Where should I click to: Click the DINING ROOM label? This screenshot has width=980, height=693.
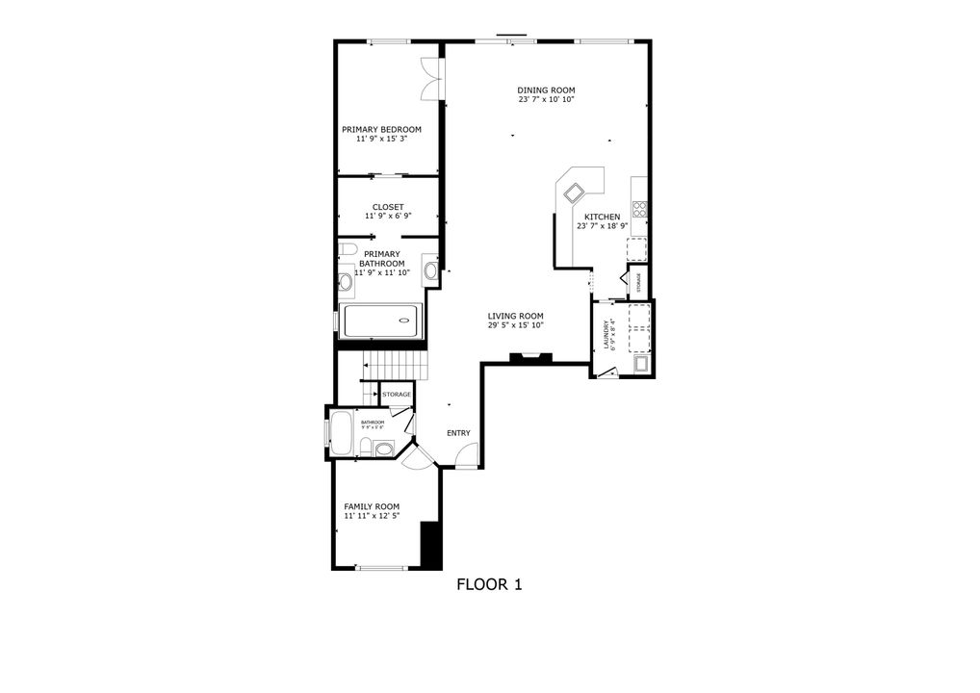click(546, 90)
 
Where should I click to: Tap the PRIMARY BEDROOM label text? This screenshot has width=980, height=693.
click(381, 129)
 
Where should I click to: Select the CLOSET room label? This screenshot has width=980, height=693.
click(388, 207)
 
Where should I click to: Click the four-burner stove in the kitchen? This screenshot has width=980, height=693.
click(639, 209)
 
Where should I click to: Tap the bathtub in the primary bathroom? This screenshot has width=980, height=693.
click(381, 321)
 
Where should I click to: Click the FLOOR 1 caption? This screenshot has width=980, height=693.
click(488, 584)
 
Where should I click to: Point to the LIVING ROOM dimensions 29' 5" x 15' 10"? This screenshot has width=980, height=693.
click(515, 325)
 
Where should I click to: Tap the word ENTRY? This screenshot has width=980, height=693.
click(458, 433)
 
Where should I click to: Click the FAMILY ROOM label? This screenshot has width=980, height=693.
click(372, 506)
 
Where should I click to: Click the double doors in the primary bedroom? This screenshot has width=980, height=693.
click(431, 80)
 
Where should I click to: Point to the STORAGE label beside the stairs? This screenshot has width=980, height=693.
click(397, 395)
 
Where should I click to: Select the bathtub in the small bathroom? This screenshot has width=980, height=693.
click(342, 430)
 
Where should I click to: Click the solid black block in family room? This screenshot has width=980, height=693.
click(431, 544)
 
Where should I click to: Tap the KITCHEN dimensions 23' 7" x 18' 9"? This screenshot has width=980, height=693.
click(603, 226)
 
